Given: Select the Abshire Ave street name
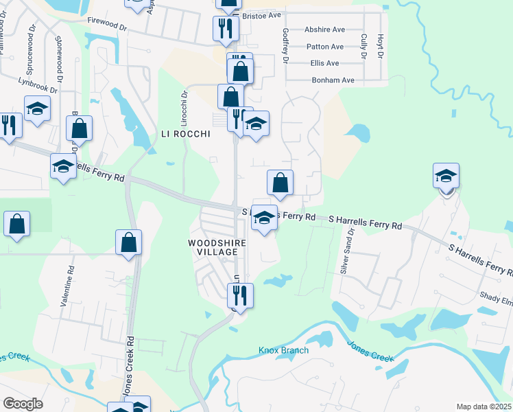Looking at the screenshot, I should pos(324,30).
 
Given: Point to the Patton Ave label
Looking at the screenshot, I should pos(324,47).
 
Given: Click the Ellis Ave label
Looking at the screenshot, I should pos(324,63).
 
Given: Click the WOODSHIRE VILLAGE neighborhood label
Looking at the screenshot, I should pos(213,247).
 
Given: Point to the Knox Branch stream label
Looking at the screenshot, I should pos(283,350).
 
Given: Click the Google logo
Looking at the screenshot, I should pos(23,403).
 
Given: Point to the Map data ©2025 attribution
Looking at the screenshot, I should pos(483,407).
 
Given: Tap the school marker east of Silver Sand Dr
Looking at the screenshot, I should pos(446,176).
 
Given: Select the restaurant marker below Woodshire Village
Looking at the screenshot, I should pos(240,295).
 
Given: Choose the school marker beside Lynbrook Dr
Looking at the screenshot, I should pos(37,108).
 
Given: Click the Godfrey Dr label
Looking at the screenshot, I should pos(285,47).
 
